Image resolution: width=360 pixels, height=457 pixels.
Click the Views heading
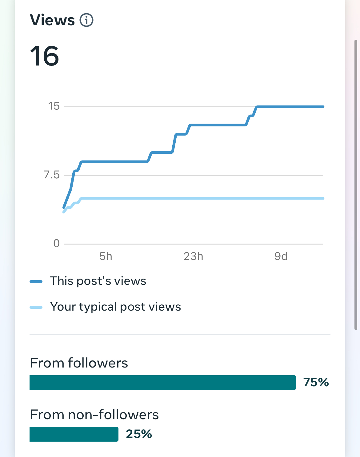pos(52,20)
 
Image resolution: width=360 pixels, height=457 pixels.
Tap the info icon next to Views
pos(86,20)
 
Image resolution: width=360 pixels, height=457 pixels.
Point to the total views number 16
pos(45,56)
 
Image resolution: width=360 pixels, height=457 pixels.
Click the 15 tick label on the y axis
pos(54,106)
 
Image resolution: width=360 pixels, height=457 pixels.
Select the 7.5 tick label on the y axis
pos(52,175)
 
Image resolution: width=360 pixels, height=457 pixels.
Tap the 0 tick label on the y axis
pos(56,244)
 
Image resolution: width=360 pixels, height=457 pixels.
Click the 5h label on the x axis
pos(106,256)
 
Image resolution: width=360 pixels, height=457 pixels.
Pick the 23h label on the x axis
pos(193,256)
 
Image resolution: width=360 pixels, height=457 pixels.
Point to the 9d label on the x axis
pos(281,256)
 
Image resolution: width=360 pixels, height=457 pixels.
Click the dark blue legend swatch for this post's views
pos(36,281)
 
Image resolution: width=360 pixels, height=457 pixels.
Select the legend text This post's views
pos(98,281)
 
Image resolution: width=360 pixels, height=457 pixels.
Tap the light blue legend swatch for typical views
pos(36,307)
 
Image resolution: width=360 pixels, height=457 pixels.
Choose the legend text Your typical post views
pos(115,307)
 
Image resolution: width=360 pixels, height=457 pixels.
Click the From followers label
pos(79,363)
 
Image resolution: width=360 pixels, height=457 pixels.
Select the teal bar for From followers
pos(162,383)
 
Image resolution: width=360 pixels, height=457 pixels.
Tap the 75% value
pos(316,382)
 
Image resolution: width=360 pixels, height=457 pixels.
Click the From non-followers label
pos(94,415)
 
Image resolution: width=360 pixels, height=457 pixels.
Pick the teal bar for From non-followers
pos(74,434)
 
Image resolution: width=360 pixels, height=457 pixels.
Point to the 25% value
pos(139,434)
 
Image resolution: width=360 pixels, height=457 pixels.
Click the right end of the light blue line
pos(323,198)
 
